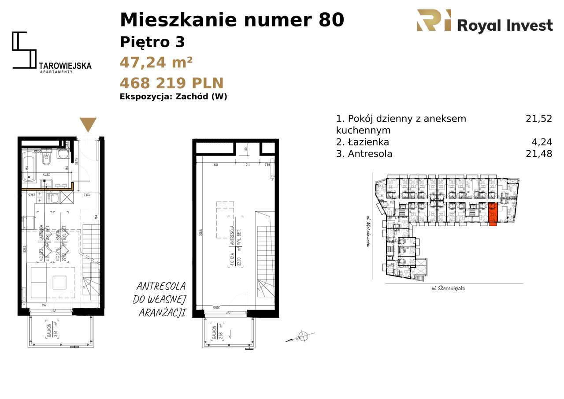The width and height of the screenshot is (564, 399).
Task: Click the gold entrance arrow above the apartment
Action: point(89,124)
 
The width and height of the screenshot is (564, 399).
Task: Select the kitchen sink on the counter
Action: point(55,198)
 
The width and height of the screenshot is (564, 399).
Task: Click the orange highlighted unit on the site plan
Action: point(493,214)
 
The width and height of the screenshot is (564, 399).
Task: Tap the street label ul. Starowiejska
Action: point(448,288)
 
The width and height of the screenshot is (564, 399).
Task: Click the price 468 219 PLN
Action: point(172,83)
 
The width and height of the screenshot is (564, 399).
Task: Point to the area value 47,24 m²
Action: point(156,63)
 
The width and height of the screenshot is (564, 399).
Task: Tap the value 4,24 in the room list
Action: point(542,142)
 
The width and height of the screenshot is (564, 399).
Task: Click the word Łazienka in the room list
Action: point(368,142)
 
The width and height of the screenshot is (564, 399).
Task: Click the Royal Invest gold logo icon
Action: point(434,21)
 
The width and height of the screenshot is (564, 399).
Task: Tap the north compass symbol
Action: point(301,335)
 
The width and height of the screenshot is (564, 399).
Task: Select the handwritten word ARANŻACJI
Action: point(162,313)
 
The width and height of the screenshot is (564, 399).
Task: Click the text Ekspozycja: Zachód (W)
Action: point(174,97)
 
